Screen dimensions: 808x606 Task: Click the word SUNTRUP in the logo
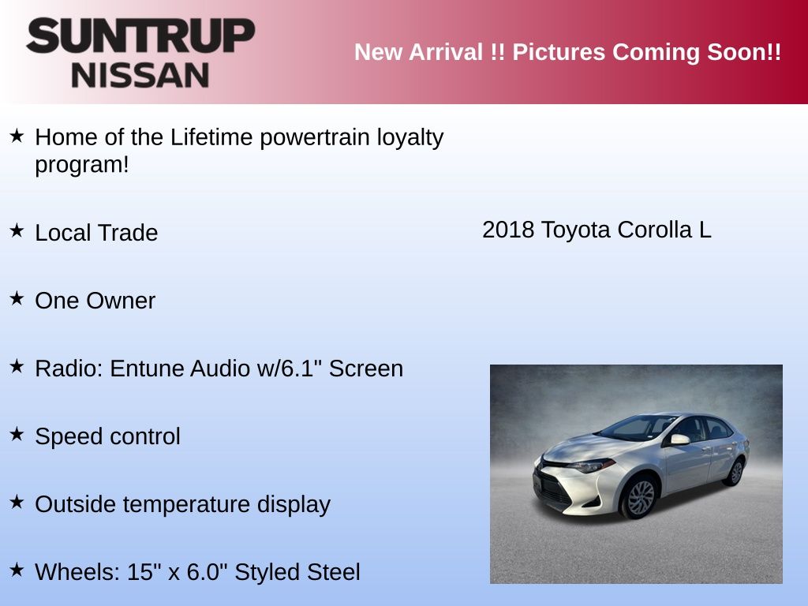point(140,36)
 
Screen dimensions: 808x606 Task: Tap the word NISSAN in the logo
point(140,75)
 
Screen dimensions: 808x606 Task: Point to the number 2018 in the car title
point(508,230)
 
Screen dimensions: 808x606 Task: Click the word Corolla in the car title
point(654,230)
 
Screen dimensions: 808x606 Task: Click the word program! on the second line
point(82,166)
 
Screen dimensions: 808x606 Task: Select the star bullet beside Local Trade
point(17,230)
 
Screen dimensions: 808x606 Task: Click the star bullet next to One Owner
point(17,298)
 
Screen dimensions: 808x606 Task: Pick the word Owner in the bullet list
point(121,301)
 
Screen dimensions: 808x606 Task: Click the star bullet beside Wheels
point(17,570)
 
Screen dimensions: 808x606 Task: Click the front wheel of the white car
point(640,498)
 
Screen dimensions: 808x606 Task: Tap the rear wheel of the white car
point(735,473)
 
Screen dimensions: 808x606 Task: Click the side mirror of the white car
point(679,440)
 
